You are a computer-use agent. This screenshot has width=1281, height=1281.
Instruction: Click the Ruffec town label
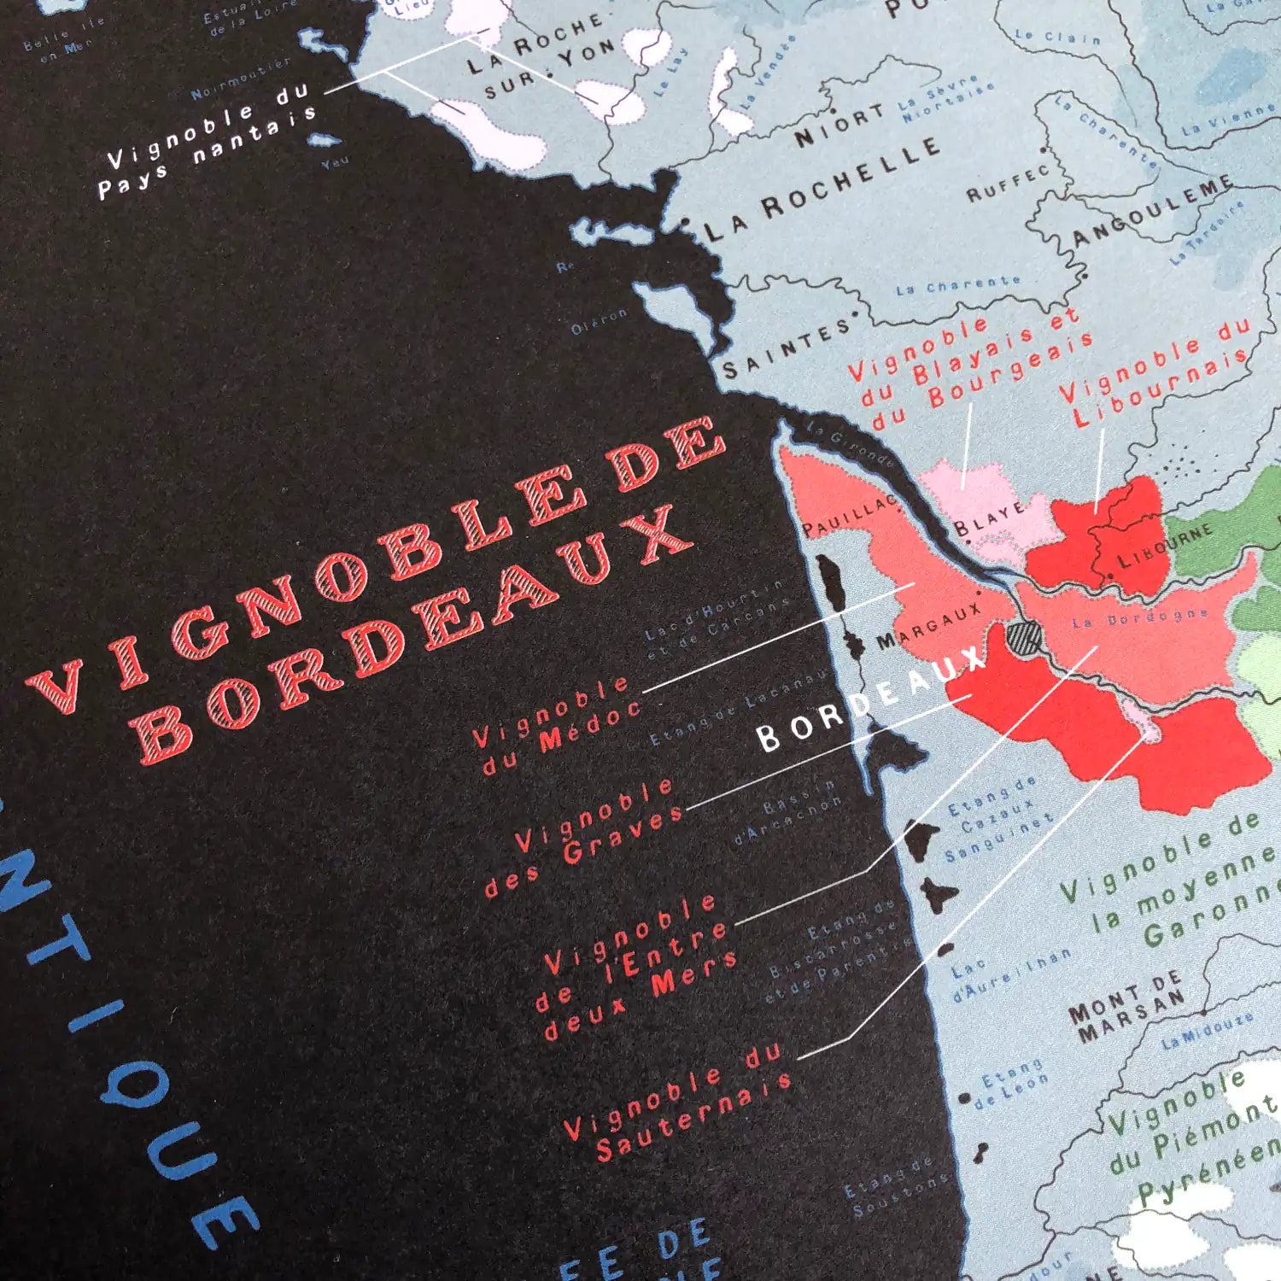[x=1008, y=184]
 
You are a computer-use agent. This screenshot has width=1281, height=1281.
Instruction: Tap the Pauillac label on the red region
[x=851, y=514]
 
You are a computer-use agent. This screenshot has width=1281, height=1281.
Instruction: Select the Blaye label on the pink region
[x=989, y=518]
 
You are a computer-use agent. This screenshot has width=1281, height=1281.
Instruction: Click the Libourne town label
[x=1165, y=546]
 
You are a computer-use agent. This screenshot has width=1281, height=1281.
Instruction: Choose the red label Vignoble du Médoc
[x=555, y=726]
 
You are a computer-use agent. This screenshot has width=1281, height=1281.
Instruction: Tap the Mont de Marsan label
[x=1127, y=1008]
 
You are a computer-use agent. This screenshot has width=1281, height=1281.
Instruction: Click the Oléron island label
[x=599, y=321]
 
